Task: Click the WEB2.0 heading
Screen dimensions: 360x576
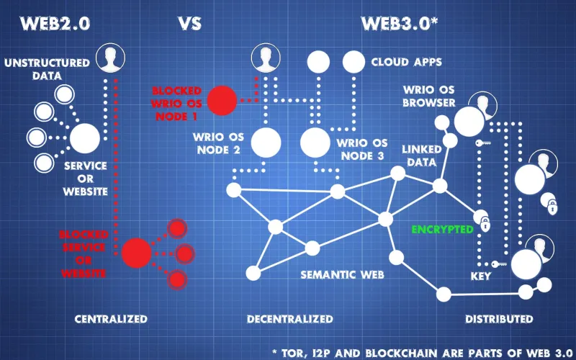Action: tap(55, 23)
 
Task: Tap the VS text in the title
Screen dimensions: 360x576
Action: tap(189, 23)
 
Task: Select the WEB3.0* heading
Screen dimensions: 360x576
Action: tap(400, 23)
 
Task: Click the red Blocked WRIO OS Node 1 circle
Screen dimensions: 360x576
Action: tap(222, 100)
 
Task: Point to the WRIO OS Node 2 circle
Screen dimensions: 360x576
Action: tap(266, 143)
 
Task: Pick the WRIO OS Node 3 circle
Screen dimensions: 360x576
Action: tap(314, 143)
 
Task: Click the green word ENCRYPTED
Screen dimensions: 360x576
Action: tap(442, 230)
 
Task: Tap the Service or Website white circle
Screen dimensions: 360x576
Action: tap(85, 138)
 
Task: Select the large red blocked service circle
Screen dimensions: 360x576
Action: tap(136, 253)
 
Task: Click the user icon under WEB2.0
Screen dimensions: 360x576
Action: tap(110, 58)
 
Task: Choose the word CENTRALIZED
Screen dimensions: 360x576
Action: tap(111, 318)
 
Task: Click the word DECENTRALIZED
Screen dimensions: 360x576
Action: tap(289, 318)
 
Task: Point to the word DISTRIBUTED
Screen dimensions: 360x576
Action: tap(499, 318)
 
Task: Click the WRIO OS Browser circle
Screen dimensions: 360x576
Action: tap(469, 120)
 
